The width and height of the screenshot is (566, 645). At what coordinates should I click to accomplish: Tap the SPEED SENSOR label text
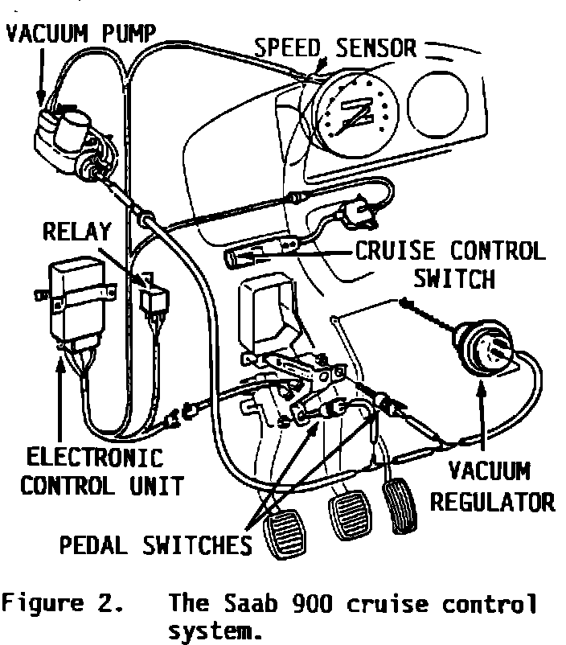(335, 47)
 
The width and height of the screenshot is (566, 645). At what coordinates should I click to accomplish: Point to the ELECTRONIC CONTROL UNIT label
(94, 472)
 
